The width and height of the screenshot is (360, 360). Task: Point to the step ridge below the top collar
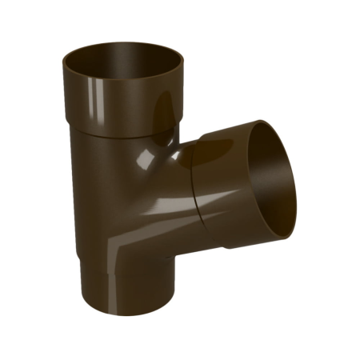click(120, 136)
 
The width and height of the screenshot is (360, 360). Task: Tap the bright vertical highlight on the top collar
click(164, 104)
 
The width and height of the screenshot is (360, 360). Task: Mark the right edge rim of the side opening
click(299, 192)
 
